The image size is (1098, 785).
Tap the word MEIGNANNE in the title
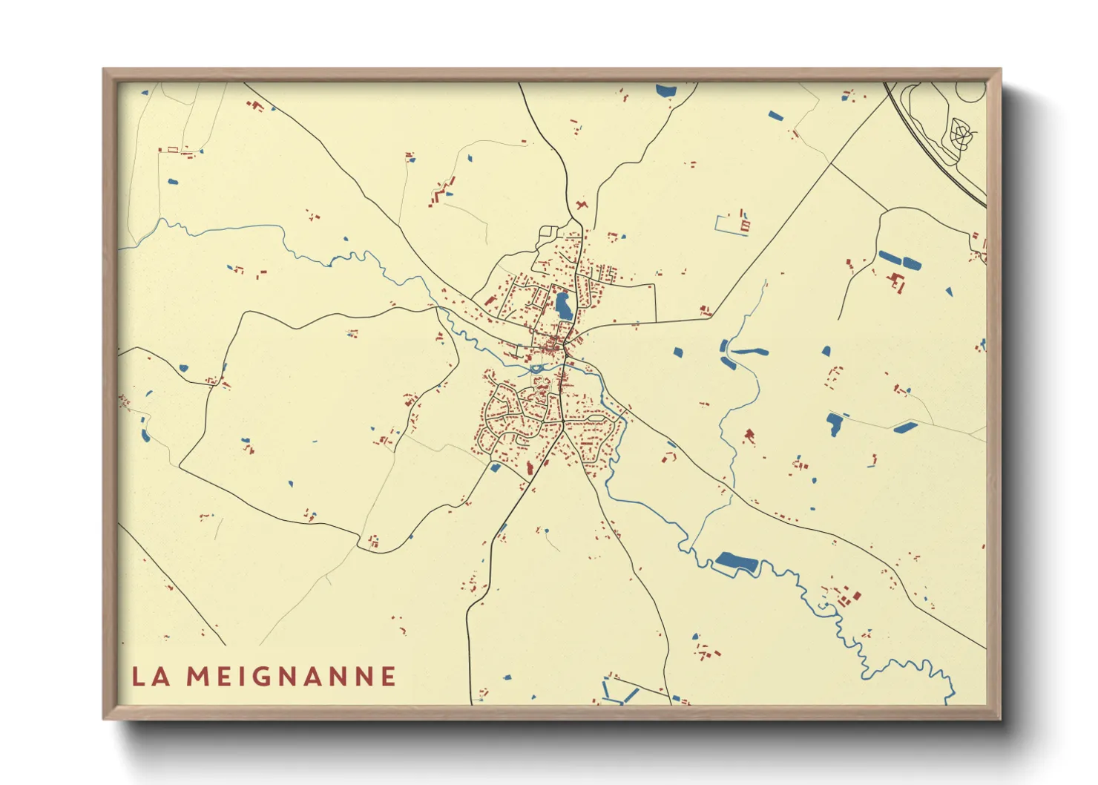(291, 677)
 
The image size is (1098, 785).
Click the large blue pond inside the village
(563, 306)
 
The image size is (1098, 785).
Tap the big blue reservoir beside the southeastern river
(736, 564)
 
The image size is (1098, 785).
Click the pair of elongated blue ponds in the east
(899, 260)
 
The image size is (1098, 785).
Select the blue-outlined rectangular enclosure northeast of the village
(731, 225)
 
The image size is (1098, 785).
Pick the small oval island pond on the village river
(536, 369)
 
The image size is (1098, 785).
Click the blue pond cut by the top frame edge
(665, 91)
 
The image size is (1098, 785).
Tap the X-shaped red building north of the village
(582, 204)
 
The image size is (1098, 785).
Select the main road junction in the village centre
(565, 346)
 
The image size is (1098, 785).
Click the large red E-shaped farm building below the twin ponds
(897, 281)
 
